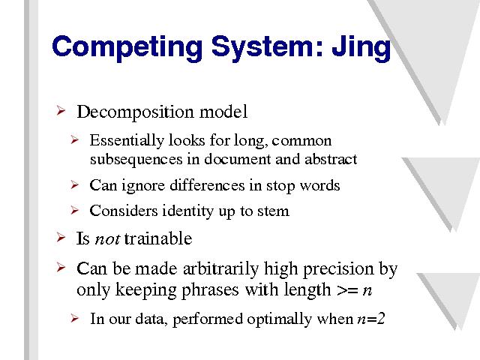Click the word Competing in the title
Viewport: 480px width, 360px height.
(x=127, y=47)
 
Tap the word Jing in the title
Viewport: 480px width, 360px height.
(x=361, y=47)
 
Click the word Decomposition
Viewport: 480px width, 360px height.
(x=135, y=112)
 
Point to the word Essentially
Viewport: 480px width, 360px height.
(x=127, y=141)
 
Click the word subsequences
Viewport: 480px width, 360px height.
(x=136, y=160)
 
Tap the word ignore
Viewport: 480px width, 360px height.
(x=143, y=186)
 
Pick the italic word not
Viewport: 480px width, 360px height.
(x=107, y=239)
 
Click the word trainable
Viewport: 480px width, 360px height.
(x=158, y=238)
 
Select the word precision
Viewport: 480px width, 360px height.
(x=338, y=269)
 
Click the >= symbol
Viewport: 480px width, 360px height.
(x=347, y=290)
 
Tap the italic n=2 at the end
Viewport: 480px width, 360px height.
(x=371, y=319)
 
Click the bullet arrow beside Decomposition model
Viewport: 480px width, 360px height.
(x=61, y=110)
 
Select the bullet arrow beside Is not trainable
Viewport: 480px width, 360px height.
(x=61, y=237)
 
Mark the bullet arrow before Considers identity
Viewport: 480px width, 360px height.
(x=74, y=210)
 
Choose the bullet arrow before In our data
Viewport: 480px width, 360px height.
(x=74, y=318)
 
